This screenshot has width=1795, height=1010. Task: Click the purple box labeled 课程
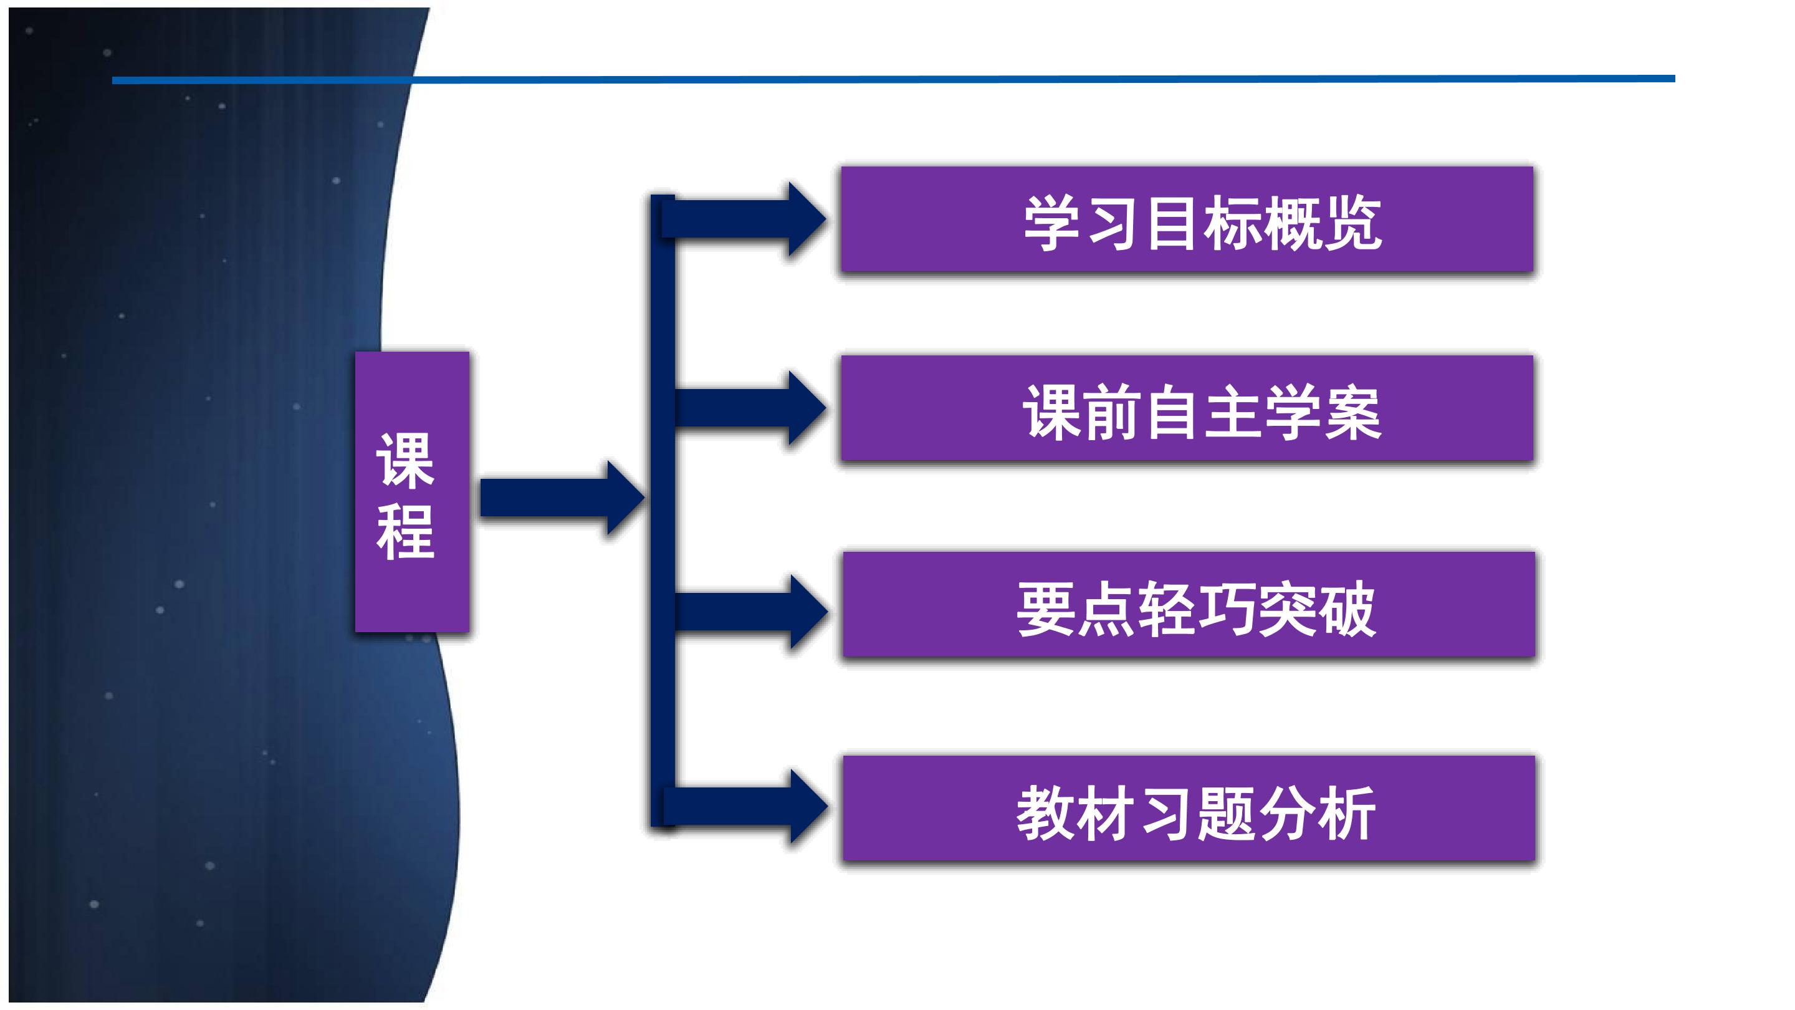tap(412, 491)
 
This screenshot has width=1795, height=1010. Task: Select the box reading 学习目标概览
tap(1187, 219)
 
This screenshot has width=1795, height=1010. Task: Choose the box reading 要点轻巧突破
tap(1189, 604)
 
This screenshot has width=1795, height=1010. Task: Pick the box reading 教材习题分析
tap(1189, 809)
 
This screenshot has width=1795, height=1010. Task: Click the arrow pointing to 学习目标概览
tap(744, 219)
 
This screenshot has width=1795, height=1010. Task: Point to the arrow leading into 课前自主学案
tap(750, 408)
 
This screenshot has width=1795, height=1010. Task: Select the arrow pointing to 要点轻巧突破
tap(751, 612)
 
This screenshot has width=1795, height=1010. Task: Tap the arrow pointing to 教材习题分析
tap(745, 807)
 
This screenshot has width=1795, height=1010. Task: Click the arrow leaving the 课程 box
tap(562, 498)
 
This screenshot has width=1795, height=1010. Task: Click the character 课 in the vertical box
tap(406, 460)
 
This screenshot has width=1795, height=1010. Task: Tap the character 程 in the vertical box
tap(406, 531)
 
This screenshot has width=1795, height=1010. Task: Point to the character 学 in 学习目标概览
tap(1052, 223)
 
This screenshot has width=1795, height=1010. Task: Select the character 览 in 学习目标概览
tap(1352, 223)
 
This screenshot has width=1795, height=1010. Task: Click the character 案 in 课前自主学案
tap(1352, 413)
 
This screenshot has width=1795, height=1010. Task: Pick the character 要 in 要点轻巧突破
tap(1045, 608)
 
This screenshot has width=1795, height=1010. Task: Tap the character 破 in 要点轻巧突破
tap(1346, 608)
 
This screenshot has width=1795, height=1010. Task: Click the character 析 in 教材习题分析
tap(1346, 813)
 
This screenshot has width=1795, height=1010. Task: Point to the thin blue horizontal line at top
tap(893, 79)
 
